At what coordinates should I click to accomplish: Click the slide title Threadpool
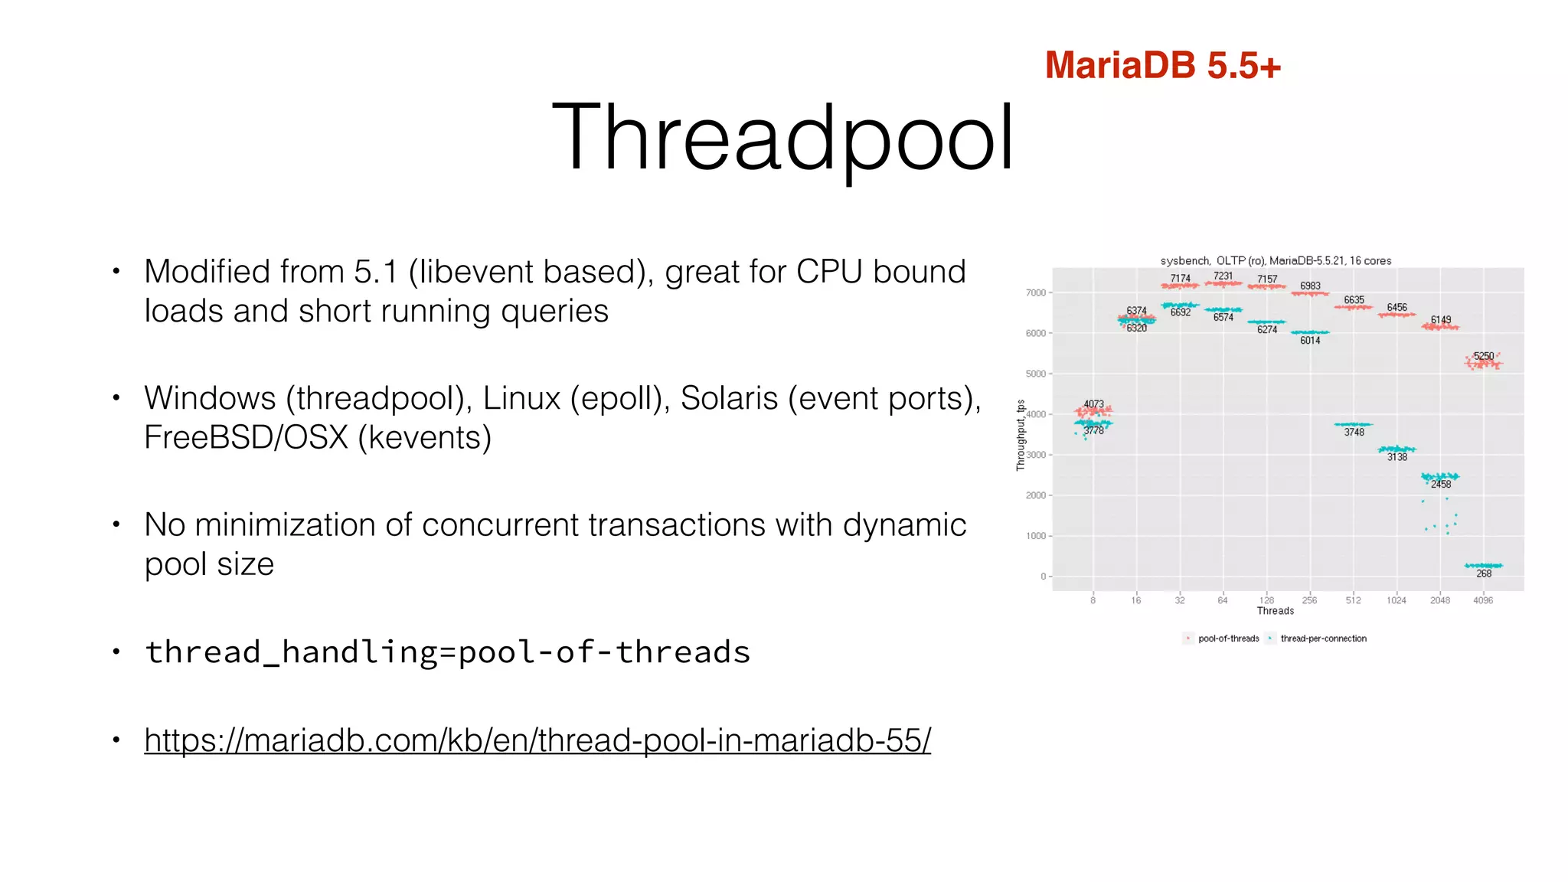tap(782, 138)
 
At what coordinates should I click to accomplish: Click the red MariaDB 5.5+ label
tap(1162, 65)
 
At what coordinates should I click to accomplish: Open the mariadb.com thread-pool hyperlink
tap(537, 740)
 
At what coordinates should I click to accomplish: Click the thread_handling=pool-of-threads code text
tap(448, 652)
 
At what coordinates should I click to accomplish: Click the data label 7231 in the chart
tap(1223, 276)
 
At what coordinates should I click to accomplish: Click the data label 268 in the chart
tap(1484, 573)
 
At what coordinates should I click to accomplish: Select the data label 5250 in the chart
tap(1483, 356)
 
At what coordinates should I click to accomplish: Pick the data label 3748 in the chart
tap(1354, 433)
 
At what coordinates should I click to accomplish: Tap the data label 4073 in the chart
tap(1093, 404)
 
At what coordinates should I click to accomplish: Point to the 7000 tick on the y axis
tap(1035, 292)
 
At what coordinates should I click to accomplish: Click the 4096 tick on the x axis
tap(1483, 600)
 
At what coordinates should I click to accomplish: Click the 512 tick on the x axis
tap(1353, 600)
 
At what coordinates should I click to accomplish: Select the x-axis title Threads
tap(1275, 611)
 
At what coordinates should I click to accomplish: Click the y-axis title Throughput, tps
tap(1021, 435)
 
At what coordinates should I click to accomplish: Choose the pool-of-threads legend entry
tap(1228, 639)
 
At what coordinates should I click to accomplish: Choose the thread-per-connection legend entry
tap(1323, 639)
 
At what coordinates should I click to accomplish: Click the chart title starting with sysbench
tap(1276, 261)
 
